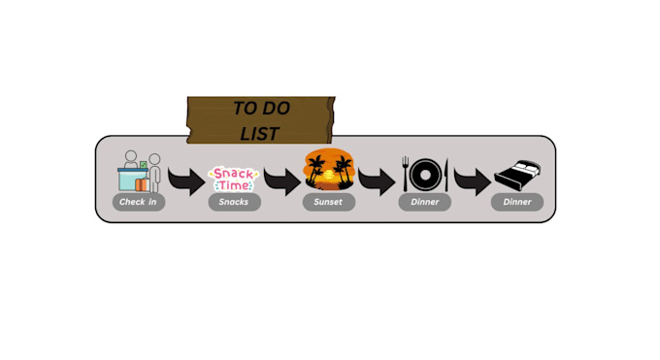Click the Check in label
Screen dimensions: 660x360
pyautogui.click(x=139, y=202)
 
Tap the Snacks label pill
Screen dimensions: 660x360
pyautogui.click(x=235, y=202)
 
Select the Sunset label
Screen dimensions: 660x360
pyautogui.click(x=329, y=202)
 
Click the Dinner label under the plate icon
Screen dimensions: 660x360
pyautogui.click(x=425, y=202)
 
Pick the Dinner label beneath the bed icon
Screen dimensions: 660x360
pyautogui.click(x=517, y=202)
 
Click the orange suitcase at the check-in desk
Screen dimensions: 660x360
pyautogui.click(x=143, y=184)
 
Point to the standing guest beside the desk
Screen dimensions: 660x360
pyautogui.click(x=154, y=174)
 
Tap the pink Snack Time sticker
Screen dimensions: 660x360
pyautogui.click(x=234, y=179)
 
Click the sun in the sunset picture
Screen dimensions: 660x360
pyautogui.click(x=329, y=175)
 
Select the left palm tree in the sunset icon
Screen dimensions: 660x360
pyautogui.click(x=315, y=170)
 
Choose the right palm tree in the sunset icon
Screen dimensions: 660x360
pyautogui.click(x=344, y=171)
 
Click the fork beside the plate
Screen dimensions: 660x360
pyautogui.click(x=406, y=174)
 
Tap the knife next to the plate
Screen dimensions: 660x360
pyautogui.click(x=446, y=175)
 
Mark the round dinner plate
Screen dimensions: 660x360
pyautogui.click(x=425, y=175)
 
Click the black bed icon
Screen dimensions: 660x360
pyautogui.click(x=517, y=175)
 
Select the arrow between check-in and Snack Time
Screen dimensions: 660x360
pyautogui.click(x=187, y=181)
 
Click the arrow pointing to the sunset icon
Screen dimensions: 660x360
pyautogui.click(x=282, y=181)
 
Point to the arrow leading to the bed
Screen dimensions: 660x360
pyautogui.click(x=473, y=181)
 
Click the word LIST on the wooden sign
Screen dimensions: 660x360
pyautogui.click(x=260, y=134)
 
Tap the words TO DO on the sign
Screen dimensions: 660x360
pyautogui.click(x=261, y=109)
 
